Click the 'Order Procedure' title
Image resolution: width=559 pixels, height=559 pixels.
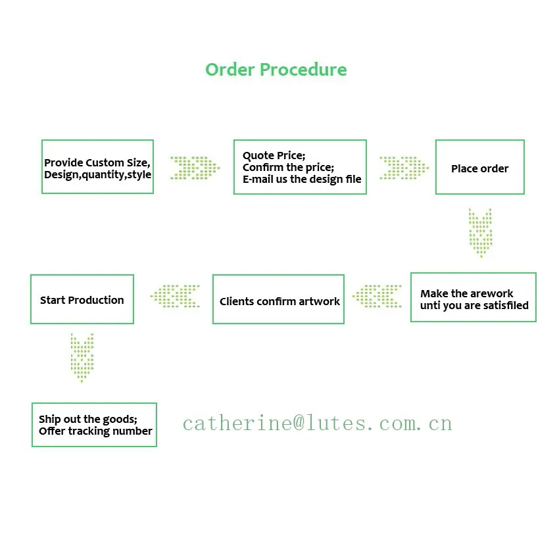click(276, 70)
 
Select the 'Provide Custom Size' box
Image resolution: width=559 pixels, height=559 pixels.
click(97, 166)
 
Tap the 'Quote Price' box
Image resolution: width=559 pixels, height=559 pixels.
click(300, 166)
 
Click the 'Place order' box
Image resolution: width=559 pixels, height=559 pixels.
click(479, 166)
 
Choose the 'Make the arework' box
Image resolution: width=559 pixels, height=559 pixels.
click(473, 297)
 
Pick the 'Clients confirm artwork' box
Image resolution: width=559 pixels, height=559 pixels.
click(278, 299)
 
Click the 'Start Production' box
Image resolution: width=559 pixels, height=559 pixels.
click(82, 299)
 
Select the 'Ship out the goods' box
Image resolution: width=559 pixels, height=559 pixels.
click(94, 424)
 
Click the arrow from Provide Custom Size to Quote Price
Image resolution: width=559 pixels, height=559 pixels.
click(195, 168)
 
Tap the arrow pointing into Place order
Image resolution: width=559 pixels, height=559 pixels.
click(403, 168)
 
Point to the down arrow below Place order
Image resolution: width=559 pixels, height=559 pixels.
click(480, 232)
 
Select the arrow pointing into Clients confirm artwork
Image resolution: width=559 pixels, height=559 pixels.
click(377, 296)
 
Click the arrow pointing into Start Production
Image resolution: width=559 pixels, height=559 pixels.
click(175, 296)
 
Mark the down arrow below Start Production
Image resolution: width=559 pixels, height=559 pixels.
click(82, 357)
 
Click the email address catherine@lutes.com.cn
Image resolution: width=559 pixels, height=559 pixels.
click(317, 423)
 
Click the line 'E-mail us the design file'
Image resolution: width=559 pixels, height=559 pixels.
click(302, 179)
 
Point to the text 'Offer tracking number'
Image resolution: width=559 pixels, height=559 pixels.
click(95, 431)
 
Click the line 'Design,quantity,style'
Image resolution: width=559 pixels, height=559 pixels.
click(97, 175)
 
